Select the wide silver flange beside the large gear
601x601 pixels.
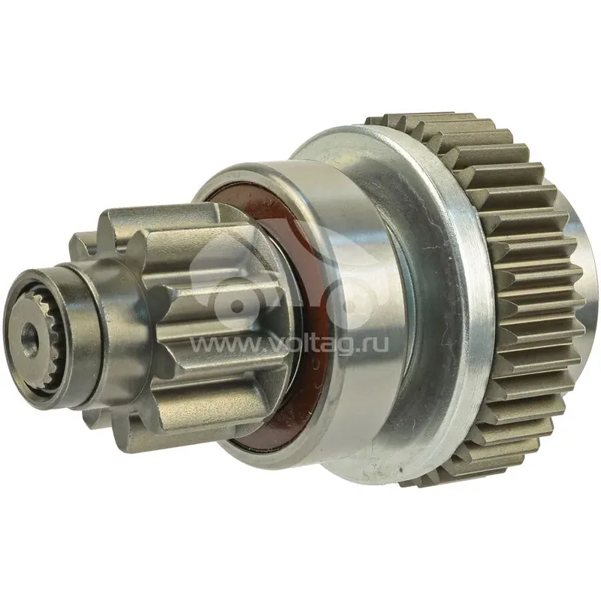[421, 299]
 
